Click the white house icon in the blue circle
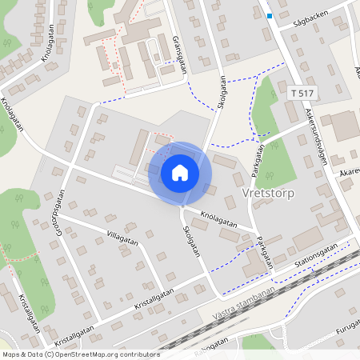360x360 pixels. point(180,172)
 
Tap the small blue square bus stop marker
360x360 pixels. point(270,15)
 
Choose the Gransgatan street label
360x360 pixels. point(180,54)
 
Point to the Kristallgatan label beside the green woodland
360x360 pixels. point(29,311)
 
